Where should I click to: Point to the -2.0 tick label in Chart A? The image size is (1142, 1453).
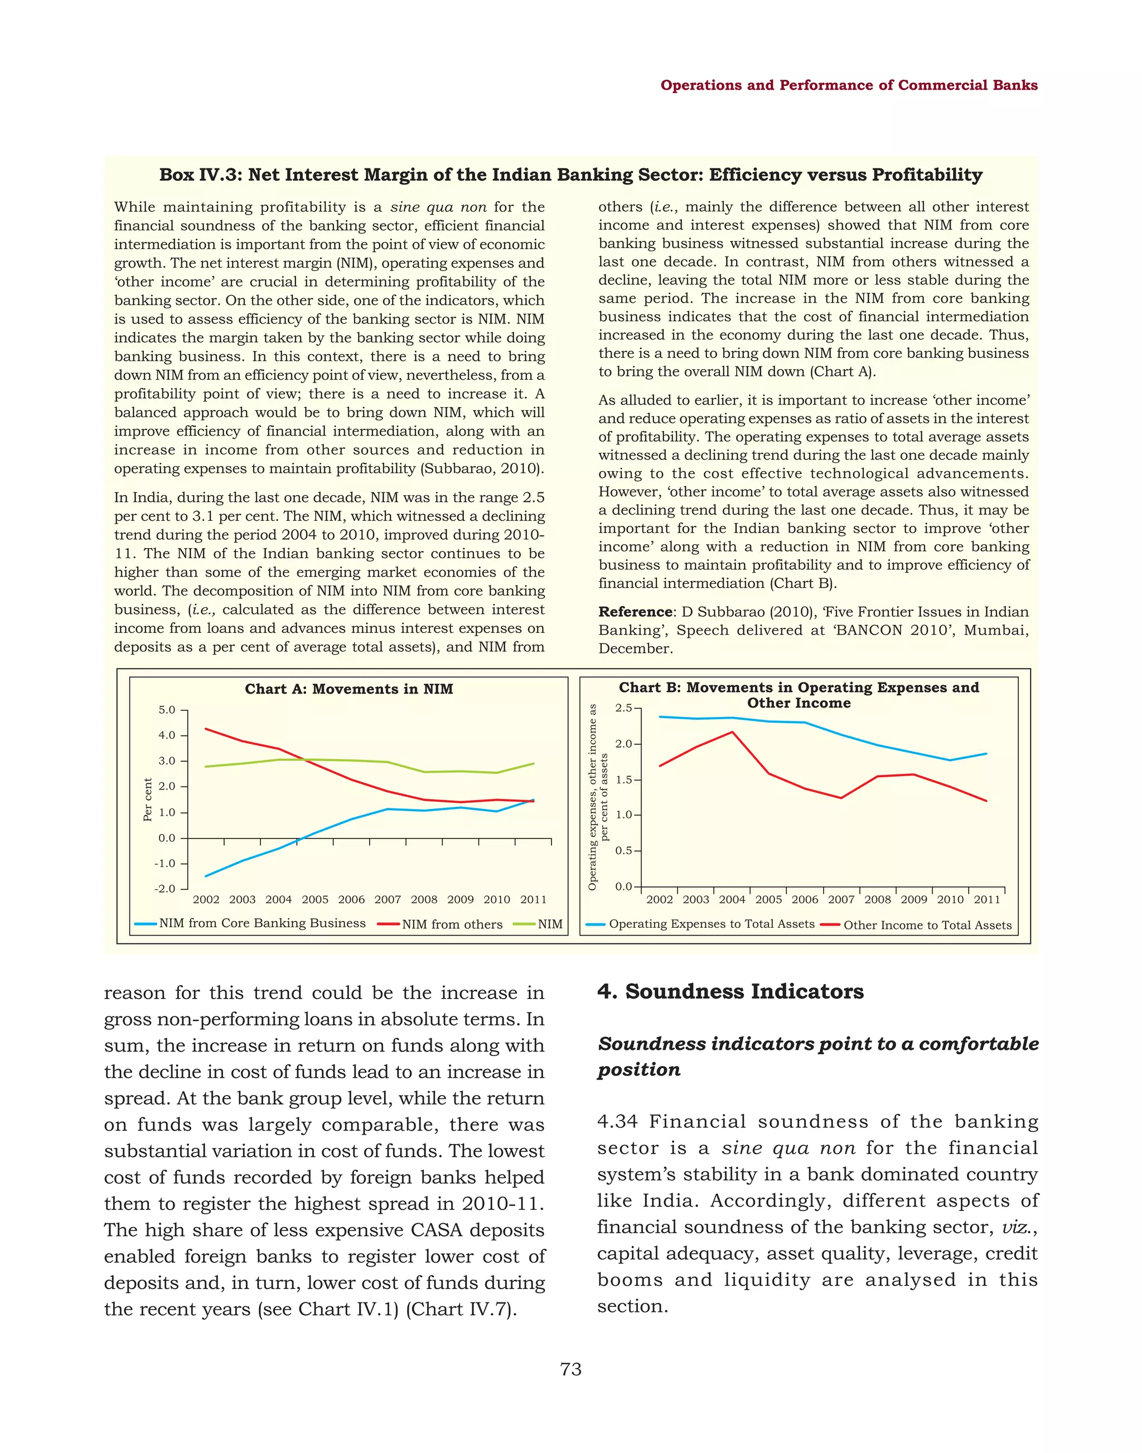click(165, 889)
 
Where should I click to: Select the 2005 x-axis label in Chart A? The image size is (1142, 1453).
click(315, 900)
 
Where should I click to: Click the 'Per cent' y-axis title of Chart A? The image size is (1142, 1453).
click(148, 799)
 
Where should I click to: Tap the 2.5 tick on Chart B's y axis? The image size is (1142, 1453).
click(623, 708)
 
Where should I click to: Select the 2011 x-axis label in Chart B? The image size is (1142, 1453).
click(987, 900)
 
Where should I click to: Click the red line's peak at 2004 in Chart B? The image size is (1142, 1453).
click(732, 732)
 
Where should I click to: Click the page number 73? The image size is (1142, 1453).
click(571, 1369)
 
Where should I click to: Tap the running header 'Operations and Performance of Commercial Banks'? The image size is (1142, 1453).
click(849, 85)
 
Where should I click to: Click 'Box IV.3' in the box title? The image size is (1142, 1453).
click(199, 175)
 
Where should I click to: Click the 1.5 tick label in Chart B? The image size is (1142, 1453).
click(623, 779)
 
